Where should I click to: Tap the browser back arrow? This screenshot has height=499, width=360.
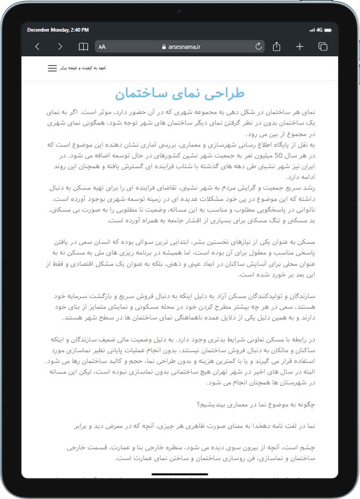click(37, 47)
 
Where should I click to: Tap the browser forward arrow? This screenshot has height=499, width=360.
click(60, 47)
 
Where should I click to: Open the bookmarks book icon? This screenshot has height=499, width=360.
click(83, 47)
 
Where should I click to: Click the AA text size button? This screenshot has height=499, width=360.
click(102, 47)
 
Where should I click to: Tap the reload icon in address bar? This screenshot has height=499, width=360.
click(259, 47)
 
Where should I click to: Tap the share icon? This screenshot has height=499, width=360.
click(276, 47)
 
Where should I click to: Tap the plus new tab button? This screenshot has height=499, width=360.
click(299, 47)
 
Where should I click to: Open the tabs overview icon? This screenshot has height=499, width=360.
click(322, 47)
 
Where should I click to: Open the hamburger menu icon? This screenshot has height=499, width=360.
click(52, 69)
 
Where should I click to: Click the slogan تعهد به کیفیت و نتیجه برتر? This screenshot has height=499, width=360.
click(84, 69)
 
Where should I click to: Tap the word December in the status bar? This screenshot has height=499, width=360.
click(39, 30)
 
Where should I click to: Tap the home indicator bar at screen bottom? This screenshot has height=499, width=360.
click(180, 474)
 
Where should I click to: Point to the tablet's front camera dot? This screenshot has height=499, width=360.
click(180, 11)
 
